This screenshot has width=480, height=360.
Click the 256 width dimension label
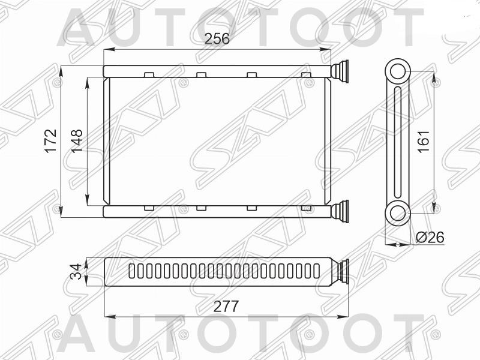(217, 39)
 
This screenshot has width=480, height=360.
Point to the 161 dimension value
(424, 141)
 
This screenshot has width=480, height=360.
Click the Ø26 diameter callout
(430, 238)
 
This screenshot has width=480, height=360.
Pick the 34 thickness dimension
(76, 271)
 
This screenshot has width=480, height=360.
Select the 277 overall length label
(226, 307)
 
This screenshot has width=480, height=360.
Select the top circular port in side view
(397, 71)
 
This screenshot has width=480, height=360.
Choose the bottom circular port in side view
(397, 212)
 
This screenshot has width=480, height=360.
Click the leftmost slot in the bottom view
(132, 271)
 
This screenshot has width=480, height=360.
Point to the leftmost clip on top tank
(149, 74)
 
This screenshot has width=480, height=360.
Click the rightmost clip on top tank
(306, 74)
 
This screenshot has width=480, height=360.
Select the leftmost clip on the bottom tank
(149, 208)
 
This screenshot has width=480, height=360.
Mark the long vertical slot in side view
(397, 142)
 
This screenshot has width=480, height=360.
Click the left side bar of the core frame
(107, 141)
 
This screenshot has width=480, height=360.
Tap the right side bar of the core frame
(328, 141)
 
